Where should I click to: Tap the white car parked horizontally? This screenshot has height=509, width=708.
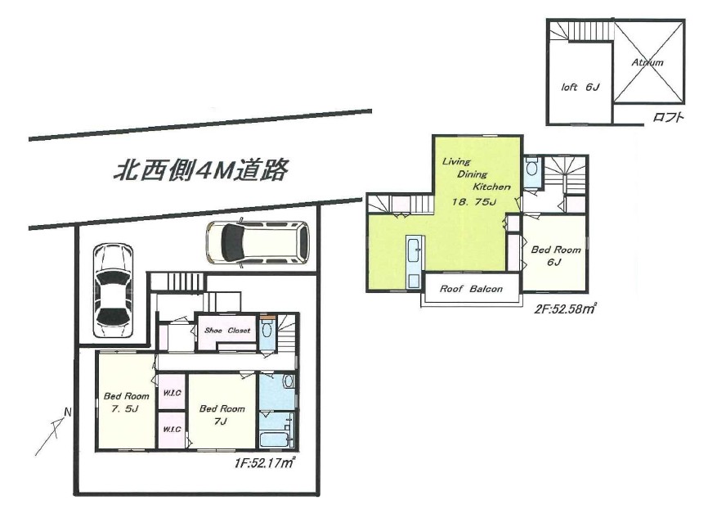258,242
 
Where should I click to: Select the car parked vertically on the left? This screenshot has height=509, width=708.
113,291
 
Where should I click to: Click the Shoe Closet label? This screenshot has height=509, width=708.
227,331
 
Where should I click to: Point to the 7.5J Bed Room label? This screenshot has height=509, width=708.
127,403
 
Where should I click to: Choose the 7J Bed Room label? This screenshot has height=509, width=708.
222,415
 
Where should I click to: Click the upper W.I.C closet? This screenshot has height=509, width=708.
172,393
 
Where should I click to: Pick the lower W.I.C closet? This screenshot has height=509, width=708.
172,430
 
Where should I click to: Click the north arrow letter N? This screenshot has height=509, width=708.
68,412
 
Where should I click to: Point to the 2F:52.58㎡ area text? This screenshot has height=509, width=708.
565,309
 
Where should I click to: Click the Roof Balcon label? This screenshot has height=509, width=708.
472,289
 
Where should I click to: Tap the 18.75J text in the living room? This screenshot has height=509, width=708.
474,201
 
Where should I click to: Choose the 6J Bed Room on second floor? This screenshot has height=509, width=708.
555,255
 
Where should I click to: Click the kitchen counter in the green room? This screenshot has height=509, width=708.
414,262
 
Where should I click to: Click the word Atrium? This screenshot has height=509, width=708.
648,62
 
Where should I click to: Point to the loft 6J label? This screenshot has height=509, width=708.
580,87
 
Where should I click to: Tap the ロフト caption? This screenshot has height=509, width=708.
668,118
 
